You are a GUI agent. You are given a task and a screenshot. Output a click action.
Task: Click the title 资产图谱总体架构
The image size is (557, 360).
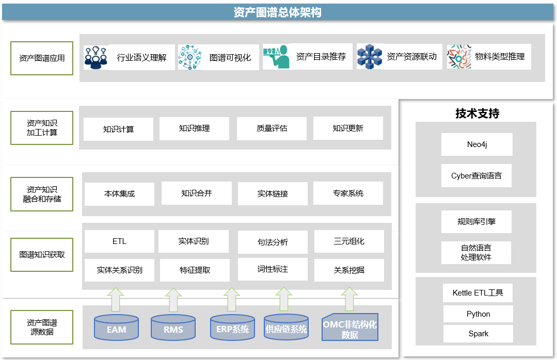(x=277, y=12)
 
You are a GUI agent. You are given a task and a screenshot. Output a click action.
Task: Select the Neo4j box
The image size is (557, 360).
(x=476, y=144)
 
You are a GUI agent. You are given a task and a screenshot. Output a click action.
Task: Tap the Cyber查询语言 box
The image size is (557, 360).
(x=476, y=175)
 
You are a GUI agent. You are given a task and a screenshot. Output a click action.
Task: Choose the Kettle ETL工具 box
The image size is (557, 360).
(x=478, y=293)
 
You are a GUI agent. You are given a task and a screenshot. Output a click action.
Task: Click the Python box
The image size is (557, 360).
(x=478, y=314)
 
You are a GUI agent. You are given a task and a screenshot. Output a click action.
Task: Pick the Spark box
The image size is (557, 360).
(x=478, y=333)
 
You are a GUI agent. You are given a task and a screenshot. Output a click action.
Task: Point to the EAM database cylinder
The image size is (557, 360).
(x=117, y=328)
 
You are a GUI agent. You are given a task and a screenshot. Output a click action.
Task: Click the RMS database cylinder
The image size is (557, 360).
(x=173, y=328)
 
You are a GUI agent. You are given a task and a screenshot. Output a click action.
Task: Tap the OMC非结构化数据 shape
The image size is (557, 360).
(x=350, y=328)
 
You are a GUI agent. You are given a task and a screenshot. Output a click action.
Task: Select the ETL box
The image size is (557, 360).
(x=119, y=241)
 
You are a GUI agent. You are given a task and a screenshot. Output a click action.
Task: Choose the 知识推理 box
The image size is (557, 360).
(x=194, y=128)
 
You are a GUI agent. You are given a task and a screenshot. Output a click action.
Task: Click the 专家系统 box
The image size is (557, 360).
(x=348, y=193)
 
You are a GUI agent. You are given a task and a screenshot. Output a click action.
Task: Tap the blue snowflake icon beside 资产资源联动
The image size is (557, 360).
(x=369, y=57)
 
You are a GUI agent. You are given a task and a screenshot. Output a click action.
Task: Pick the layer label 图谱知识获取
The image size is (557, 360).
(x=42, y=254)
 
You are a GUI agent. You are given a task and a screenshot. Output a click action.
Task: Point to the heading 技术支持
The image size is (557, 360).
(x=477, y=113)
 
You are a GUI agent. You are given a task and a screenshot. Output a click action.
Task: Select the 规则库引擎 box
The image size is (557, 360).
(x=476, y=221)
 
